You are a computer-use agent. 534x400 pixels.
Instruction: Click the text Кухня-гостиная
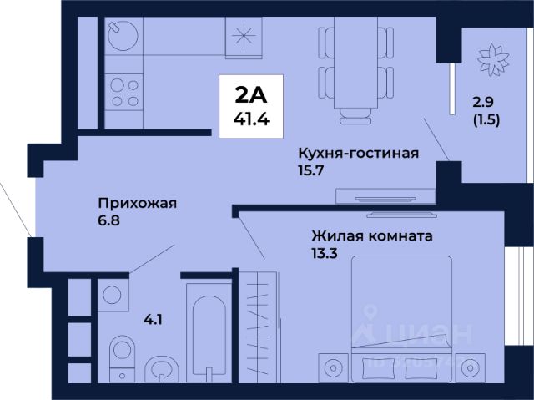pyautogui.click(x=358, y=153)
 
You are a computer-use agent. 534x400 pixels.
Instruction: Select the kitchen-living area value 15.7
pyautogui.click(x=311, y=170)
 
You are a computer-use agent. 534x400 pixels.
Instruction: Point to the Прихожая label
pyautogui.click(x=138, y=203)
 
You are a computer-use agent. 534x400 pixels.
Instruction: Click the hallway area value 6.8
pyautogui.click(x=110, y=221)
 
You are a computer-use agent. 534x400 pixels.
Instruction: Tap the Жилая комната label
pyautogui.click(x=372, y=236)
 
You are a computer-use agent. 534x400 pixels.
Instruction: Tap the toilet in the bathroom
pyautogui.click(x=123, y=352)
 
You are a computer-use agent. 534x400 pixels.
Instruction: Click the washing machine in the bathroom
pyautogui.click(x=111, y=293)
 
